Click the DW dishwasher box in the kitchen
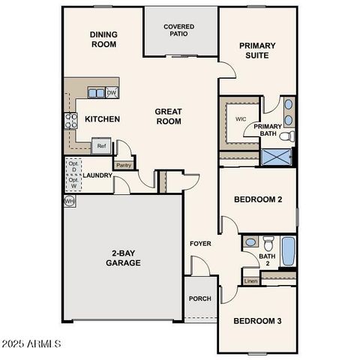point(112,93)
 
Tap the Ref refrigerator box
point(100,146)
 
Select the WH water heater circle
point(70,201)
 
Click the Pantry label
point(123,165)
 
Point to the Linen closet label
point(250,281)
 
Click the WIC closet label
point(241,118)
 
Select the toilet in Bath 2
point(252,242)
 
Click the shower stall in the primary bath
point(276,157)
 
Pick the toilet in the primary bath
point(289,136)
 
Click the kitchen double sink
point(96,93)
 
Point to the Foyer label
point(199,244)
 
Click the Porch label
point(199,298)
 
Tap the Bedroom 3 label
point(256,321)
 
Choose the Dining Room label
point(103,39)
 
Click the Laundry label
point(97,176)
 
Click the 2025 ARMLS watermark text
point(31,344)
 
